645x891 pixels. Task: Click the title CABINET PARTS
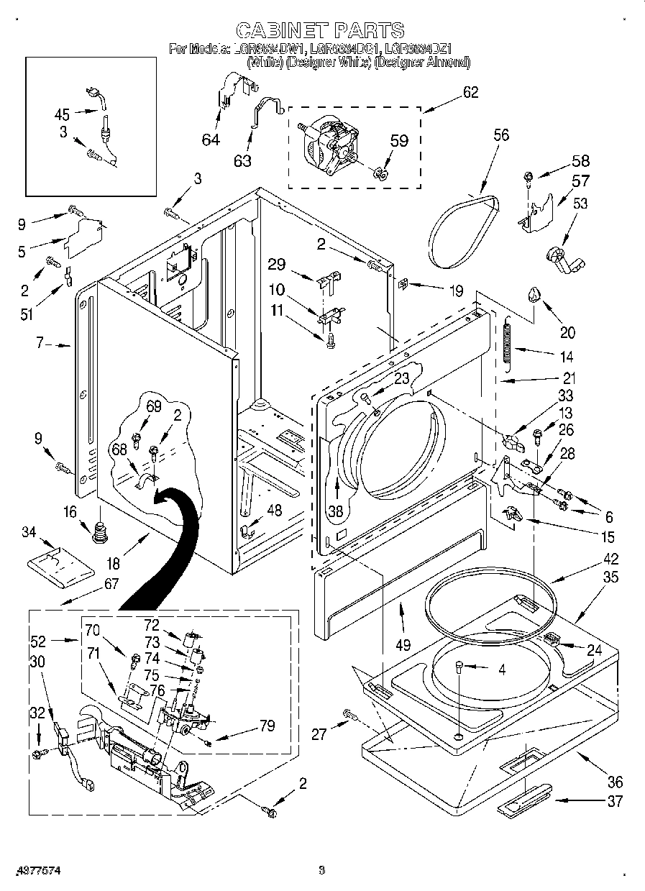320,29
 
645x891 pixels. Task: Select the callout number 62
470,92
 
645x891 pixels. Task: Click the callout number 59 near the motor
399,141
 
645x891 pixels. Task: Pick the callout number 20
567,332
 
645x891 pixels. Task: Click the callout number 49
403,644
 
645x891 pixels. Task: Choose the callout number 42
590,558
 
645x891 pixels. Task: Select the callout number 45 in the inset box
63,113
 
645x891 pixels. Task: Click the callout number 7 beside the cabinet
42,344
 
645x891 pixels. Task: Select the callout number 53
580,204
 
